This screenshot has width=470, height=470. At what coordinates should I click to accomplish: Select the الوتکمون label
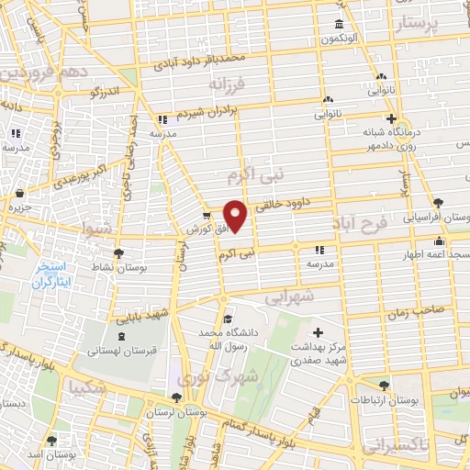pyautogui.click(x=338, y=39)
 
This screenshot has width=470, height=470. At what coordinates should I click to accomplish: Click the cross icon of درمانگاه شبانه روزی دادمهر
pyautogui.click(x=391, y=118)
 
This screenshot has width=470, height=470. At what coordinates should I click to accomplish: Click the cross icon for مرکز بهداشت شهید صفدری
pyautogui.click(x=318, y=332)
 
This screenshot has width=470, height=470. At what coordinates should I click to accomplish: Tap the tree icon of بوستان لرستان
pyautogui.click(x=175, y=398)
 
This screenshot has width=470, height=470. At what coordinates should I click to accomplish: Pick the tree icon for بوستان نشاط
pyautogui.click(x=117, y=253)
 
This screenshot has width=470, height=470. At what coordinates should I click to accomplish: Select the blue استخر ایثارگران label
pyautogui.click(x=51, y=275)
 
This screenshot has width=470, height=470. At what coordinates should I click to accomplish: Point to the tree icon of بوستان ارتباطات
pyautogui.click(x=384, y=386)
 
